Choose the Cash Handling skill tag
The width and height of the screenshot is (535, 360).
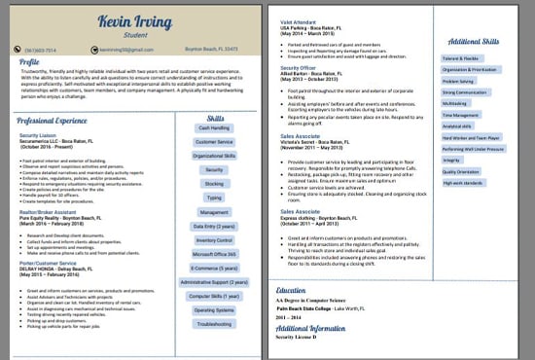pyautogui.click(x=214, y=127)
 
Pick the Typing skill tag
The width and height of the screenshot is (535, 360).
pyautogui.click(x=214, y=198)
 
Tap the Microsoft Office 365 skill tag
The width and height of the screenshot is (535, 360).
pyautogui.click(x=214, y=254)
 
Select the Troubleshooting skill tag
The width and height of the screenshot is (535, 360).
pyautogui.click(x=214, y=324)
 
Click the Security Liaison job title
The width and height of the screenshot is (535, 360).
pyautogui.click(x=37, y=135)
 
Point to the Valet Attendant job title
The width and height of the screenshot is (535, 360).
pyautogui.click(x=298, y=20)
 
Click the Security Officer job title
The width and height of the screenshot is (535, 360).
pyautogui.click(x=299, y=66)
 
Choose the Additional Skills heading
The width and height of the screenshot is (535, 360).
pyautogui.click(x=475, y=42)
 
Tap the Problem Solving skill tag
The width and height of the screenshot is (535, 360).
pyautogui.click(x=459, y=81)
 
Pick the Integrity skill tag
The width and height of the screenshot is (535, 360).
pyautogui.click(x=451, y=160)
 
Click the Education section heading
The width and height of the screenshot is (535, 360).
pyautogui.click(x=291, y=290)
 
